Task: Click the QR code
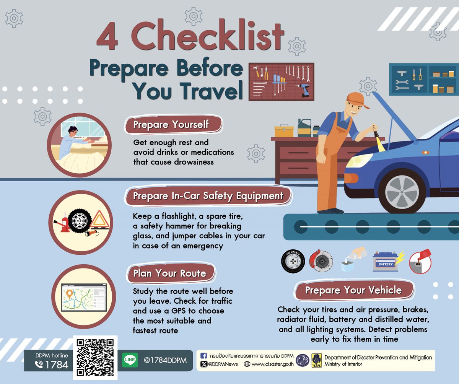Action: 95,357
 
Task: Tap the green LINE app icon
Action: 130,360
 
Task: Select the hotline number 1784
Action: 57,365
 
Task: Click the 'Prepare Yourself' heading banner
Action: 173,124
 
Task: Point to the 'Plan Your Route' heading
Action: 170,273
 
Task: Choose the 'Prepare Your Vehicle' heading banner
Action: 353,290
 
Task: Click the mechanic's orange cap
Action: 357,100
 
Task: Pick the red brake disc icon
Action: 321,261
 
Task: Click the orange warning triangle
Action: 99,220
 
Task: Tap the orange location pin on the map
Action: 70,294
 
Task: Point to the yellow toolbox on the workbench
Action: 284,130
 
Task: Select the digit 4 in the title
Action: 107,36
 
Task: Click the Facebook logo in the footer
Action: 203,356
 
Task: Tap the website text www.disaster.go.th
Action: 272,364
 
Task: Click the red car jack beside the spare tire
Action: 62,223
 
